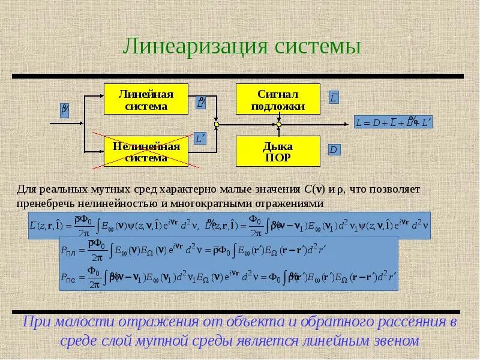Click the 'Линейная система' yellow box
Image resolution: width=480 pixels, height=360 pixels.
pos(146,100)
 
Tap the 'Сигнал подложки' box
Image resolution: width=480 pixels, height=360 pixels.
pos(278,100)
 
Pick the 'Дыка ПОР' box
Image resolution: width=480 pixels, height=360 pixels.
pos(278,151)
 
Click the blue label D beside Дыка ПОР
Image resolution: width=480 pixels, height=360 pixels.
pos(334,150)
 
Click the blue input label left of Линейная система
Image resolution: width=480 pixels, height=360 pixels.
pos(65,110)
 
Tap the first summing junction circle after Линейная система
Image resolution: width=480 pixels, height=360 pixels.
pos(217,124)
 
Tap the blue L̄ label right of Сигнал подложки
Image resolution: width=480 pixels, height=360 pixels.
pos(334,98)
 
